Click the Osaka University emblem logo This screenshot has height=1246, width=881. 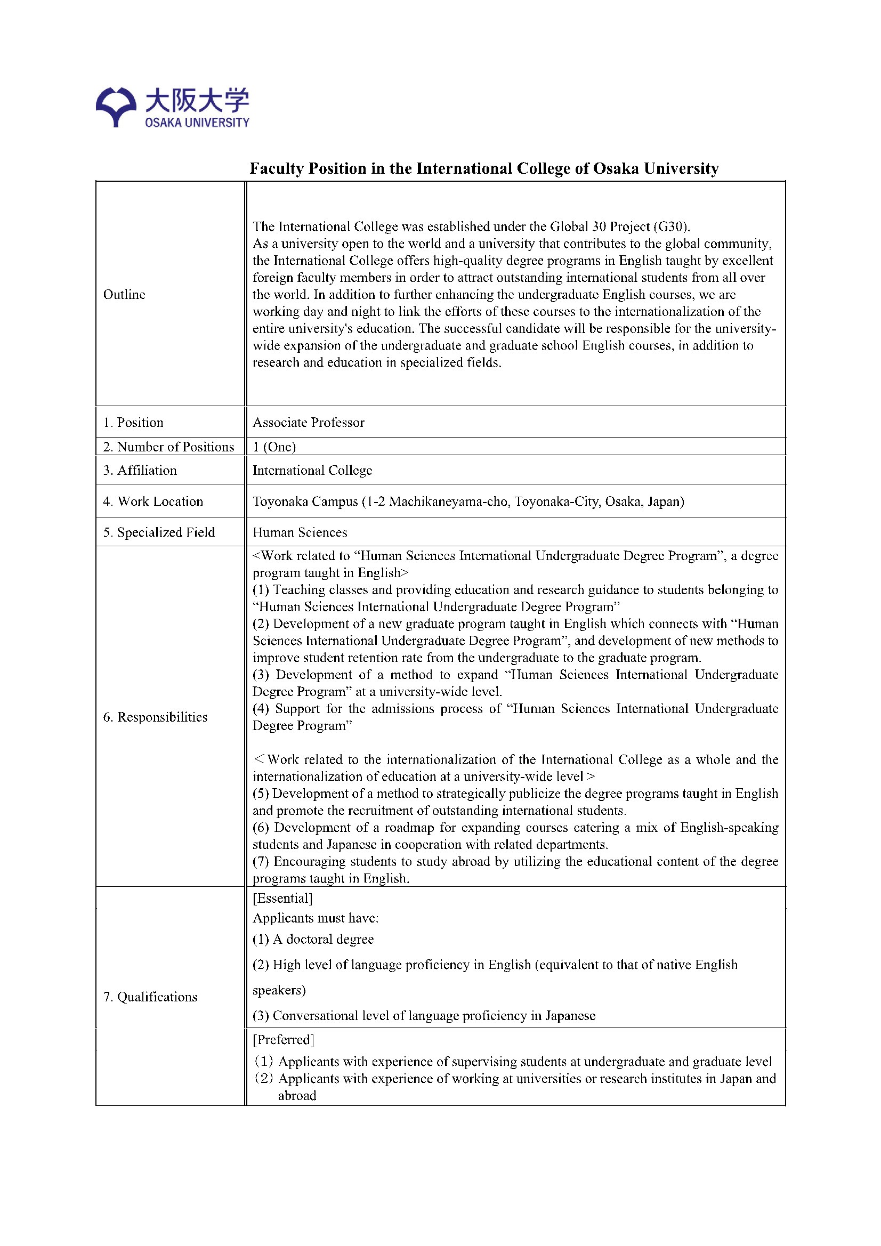116,107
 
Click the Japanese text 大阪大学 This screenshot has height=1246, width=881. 197,100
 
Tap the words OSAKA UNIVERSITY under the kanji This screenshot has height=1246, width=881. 197,123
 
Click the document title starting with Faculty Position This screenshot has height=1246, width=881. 483,168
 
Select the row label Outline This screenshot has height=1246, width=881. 124,294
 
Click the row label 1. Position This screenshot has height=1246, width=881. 133,422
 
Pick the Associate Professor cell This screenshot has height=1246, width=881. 308,422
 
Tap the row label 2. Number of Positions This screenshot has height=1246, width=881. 168,447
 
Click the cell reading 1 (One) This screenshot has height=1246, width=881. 274,447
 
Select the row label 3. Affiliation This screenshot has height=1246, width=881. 140,470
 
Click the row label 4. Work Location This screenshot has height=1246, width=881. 153,501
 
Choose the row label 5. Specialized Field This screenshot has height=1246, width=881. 159,532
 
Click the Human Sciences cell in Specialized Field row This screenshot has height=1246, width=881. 300,532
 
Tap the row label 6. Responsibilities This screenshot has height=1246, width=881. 155,717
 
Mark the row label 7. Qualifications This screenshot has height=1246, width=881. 150,997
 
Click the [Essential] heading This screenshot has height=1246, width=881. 282,898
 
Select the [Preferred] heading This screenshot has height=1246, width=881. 284,1039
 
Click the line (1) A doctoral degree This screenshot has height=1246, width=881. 313,939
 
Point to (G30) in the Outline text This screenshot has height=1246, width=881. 671,226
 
